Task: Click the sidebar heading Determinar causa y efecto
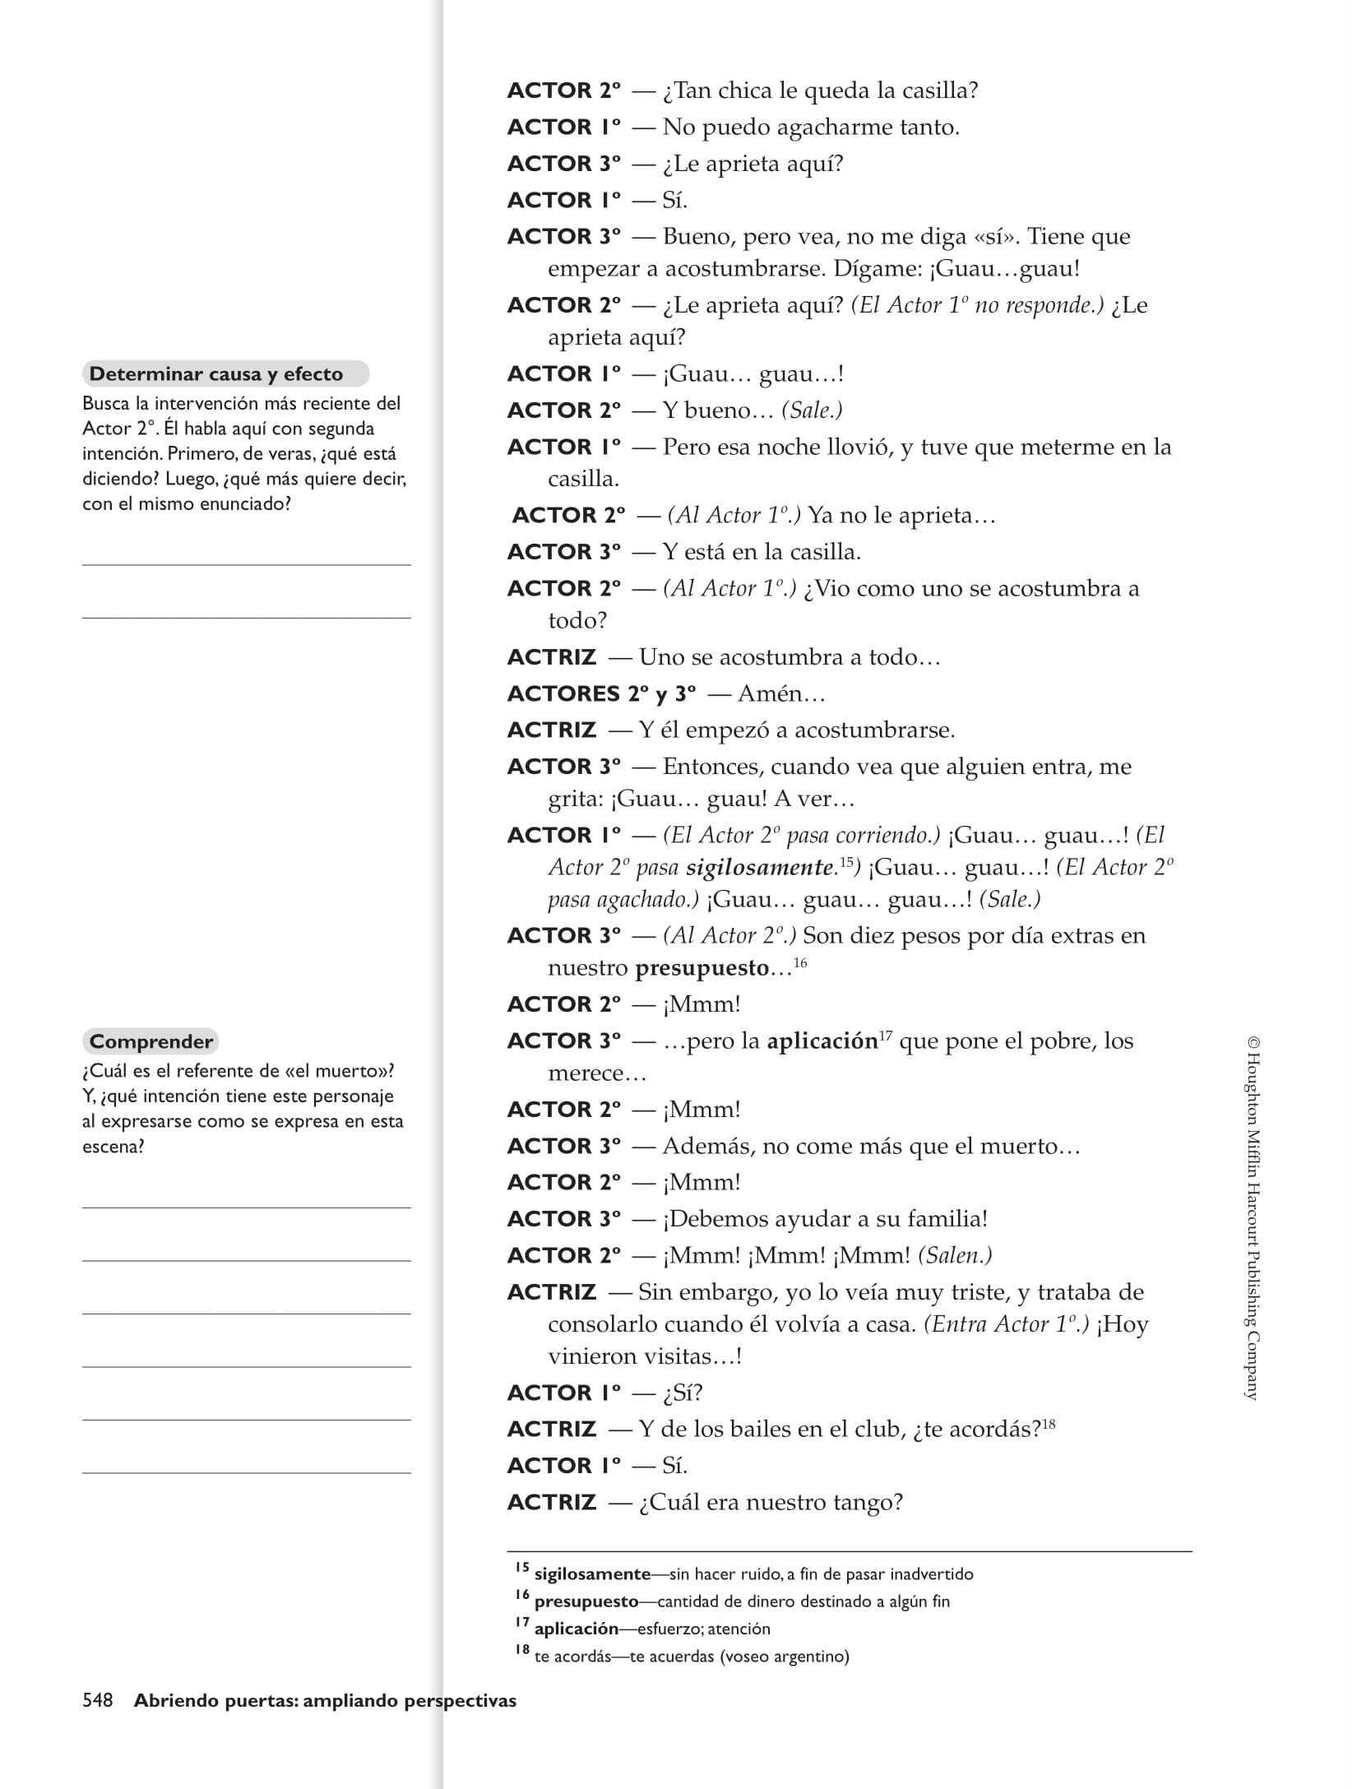(215, 374)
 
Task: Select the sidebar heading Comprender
(151, 1041)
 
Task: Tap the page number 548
(98, 1700)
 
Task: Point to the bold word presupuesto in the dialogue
(702, 968)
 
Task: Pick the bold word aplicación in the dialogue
(822, 1041)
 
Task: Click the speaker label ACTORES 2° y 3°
(601, 693)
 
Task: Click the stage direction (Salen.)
(955, 1255)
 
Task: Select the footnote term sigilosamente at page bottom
(592, 1574)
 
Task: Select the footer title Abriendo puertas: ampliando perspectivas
(325, 1700)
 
